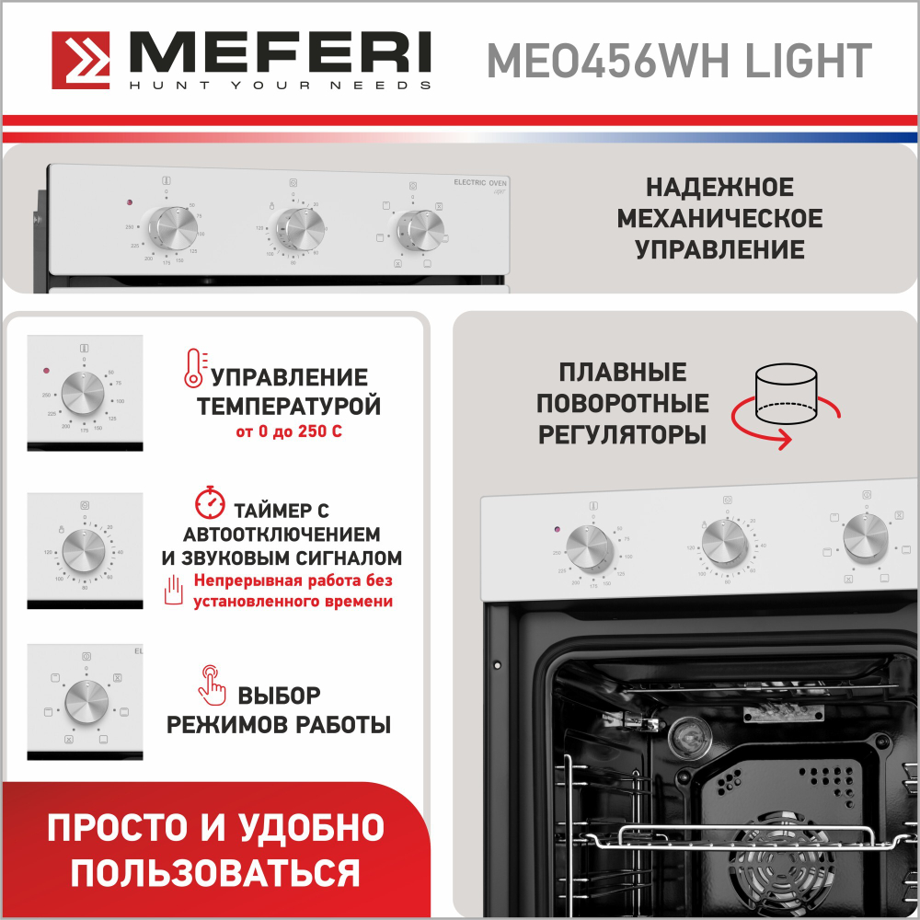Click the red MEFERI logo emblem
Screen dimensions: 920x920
pyautogui.click(x=81, y=62)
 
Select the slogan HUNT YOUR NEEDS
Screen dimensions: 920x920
pyautogui.click(x=280, y=86)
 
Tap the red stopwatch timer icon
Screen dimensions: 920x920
pyautogui.click(x=211, y=502)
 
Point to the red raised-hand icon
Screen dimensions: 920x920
pyautogui.click(x=175, y=590)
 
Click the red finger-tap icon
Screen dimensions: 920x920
pyautogui.click(x=212, y=682)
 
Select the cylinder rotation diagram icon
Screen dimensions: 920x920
pyautogui.click(x=784, y=403)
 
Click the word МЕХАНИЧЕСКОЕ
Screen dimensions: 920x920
pyautogui.click(x=719, y=219)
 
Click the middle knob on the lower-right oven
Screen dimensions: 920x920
pyautogui.click(x=725, y=543)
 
